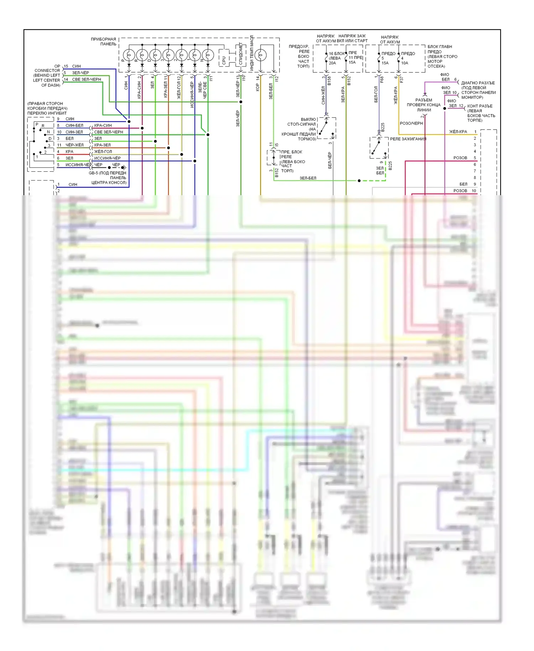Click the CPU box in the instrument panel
pos(223,61)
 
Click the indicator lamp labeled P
pos(129,55)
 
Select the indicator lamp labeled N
pos(208,55)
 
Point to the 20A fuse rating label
pos(332,63)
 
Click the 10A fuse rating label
pos(405,63)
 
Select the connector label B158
pos(329,81)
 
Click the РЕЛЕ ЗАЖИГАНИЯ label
pos(408,139)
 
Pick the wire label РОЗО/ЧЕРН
pos(411,123)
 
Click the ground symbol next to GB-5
pos(124,167)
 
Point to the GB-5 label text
pos(93,173)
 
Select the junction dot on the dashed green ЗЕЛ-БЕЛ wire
pos(359,181)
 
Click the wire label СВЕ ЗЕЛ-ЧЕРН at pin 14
pos(87,79)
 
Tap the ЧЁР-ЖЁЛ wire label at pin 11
pos(74,145)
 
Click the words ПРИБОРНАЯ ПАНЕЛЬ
pos(103,41)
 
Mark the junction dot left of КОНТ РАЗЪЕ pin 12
pos(445,108)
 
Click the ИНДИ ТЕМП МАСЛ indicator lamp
pos(261,55)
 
